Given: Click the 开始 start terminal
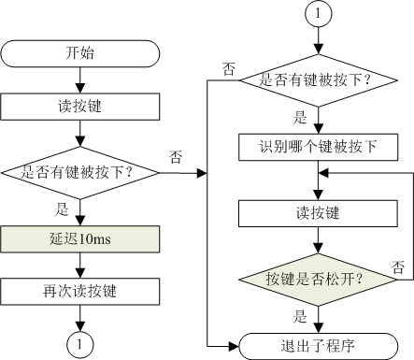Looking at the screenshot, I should pos(81,51).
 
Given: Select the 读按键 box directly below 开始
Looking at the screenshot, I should pos(81,106).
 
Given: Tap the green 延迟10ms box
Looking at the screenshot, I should pos(81,239).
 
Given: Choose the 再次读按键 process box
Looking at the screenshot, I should pos(81,292).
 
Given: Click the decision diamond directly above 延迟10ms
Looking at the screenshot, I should pos(81,172).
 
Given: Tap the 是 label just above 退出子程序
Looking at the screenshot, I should pos(301,316).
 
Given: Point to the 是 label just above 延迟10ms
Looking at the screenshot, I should pos(62,210).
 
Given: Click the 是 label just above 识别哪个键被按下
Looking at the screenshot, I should pos(301,119).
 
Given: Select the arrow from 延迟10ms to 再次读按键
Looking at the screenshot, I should pos(81,266).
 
